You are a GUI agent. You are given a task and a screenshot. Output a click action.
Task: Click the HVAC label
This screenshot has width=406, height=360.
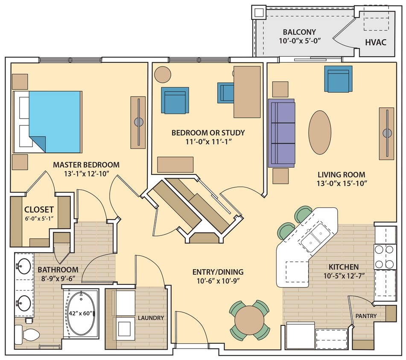tap(376, 42)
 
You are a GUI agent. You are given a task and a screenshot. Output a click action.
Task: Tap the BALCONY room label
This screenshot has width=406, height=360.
tap(299, 32)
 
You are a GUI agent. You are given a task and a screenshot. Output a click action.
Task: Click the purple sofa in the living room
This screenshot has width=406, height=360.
tap(281, 133)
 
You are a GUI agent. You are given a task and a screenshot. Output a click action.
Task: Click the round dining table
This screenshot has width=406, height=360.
tap(251, 320)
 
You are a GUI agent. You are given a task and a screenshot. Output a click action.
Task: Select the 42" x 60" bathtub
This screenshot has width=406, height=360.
tap(81, 313)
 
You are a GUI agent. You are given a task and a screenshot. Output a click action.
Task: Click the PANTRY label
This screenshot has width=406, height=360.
tap(366, 316)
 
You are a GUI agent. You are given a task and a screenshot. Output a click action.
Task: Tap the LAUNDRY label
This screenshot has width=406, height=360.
tap(151, 318)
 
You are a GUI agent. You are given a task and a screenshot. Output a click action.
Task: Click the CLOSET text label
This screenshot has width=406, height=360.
tap(39, 209)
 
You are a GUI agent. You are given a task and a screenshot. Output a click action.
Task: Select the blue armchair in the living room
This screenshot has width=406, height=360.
tap(338, 79)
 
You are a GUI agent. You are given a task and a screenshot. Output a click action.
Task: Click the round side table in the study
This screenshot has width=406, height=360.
tap(163, 74)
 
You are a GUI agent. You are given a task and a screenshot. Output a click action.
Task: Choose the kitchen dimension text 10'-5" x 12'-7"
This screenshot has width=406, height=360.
tap(344, 276)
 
